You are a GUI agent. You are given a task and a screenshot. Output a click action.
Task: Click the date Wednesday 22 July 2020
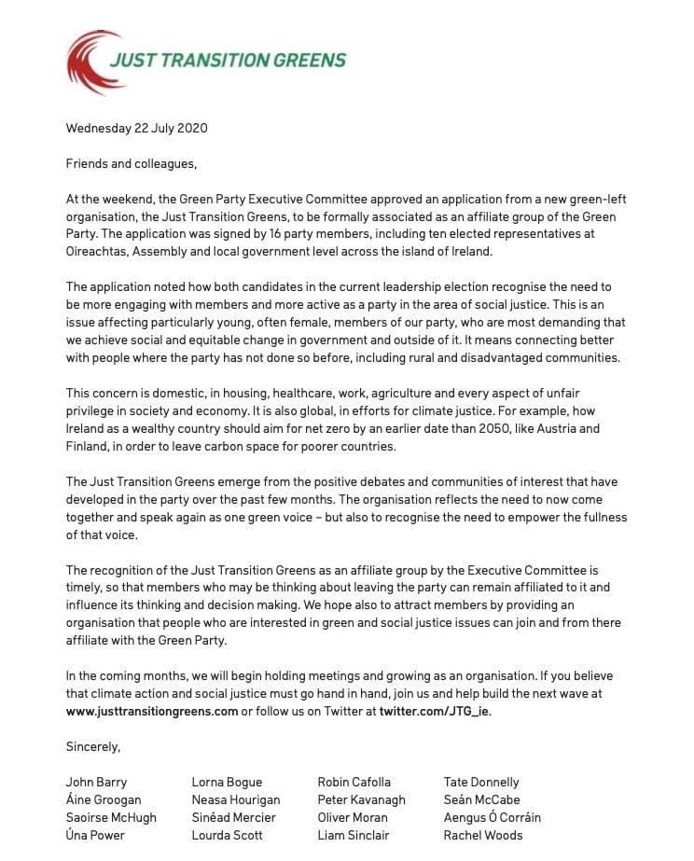[136, 128]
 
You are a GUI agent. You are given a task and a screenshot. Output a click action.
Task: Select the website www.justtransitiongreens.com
[152, 711]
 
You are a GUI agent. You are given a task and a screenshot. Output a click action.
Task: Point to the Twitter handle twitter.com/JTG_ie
[435, 711]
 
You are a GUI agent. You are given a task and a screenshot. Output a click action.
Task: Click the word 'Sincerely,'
[93, 746]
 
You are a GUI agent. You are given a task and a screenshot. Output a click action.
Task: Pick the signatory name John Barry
[96, 782]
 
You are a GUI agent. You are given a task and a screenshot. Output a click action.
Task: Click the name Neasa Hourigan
[235, 799]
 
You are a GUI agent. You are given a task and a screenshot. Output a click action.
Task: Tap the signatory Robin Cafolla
[354, 782]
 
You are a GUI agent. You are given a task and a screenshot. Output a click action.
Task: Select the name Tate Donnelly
[481, 782]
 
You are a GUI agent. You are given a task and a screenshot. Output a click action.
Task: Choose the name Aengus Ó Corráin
[492, 817]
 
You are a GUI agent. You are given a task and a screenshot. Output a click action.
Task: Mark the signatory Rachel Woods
[483, 835]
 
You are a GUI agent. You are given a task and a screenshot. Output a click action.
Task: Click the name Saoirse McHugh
[111, 817]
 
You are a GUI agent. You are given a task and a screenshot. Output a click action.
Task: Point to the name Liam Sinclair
[354, 835]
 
